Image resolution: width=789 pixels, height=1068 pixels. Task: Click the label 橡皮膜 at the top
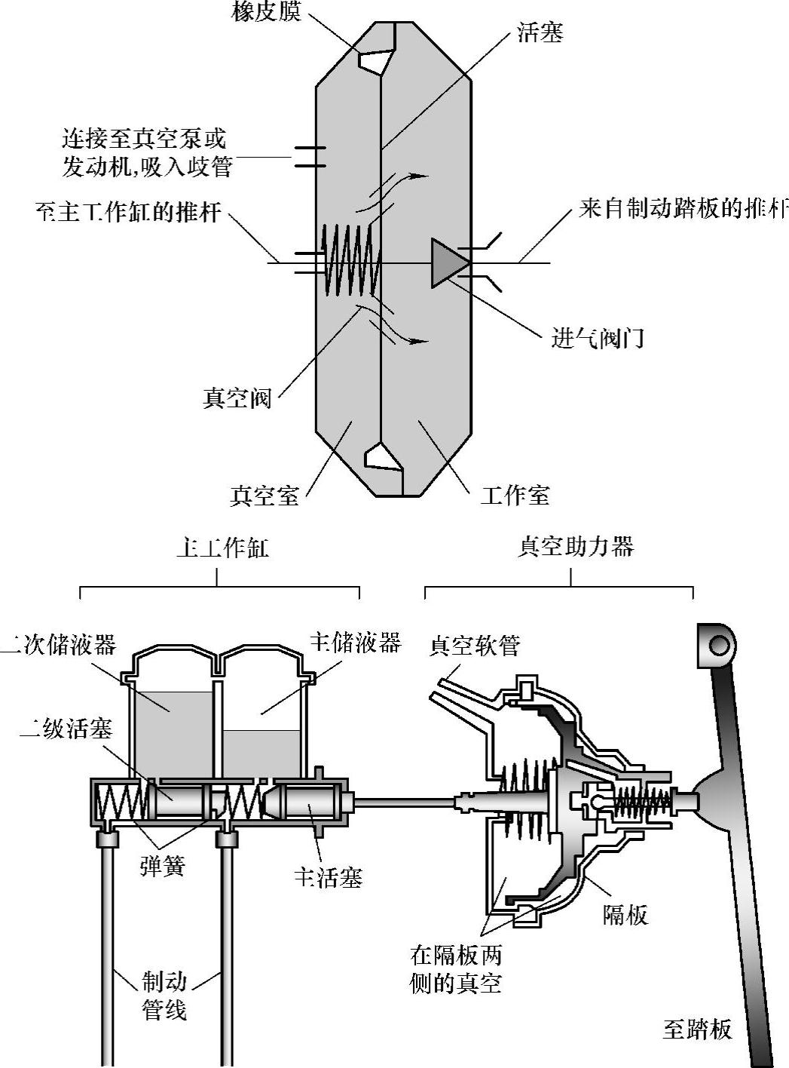(266, 13)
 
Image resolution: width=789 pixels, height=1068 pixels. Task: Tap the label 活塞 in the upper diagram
(540, 32)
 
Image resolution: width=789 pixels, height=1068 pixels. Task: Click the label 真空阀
(237, 398)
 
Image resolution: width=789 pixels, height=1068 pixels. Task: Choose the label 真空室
(265, 496)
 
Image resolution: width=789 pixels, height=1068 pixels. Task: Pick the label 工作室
(515, 496)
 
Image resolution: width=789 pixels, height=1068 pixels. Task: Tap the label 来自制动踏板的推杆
(683, 209)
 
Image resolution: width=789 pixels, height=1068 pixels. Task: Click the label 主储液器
(355, 643)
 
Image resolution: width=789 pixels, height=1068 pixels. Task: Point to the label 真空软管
(475, 646)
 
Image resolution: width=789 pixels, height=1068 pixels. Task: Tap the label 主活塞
(328, 878)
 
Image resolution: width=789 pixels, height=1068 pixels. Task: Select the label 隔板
(625, 914)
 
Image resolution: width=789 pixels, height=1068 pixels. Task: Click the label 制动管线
(165, 996)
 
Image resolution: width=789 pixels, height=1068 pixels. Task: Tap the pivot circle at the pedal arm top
(718, 645)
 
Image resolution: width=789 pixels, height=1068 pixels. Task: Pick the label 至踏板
(697, 1030)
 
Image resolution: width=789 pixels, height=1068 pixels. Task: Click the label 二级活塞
(66, 729)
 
